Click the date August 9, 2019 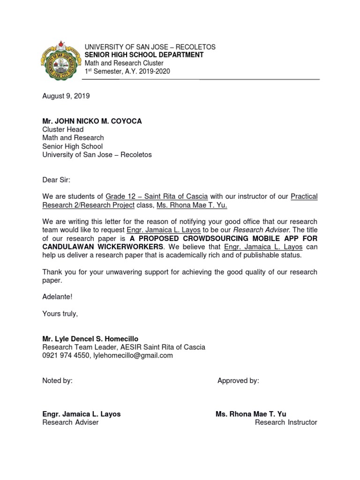pos(66,96)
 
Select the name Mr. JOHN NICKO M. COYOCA pos(92,121)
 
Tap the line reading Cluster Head pos(63,129)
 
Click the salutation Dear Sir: pos(56,180)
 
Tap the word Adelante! pos(57,297)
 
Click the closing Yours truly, pos(60,314)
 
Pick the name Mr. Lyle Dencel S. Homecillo pos(90,339)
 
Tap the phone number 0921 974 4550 pos(66,355)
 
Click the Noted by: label pos(57,381)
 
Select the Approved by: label pos(238,381)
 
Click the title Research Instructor pos(286,422)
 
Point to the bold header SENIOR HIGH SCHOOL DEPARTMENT pos(144,55)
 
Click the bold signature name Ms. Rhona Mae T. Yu pos(251,414)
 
